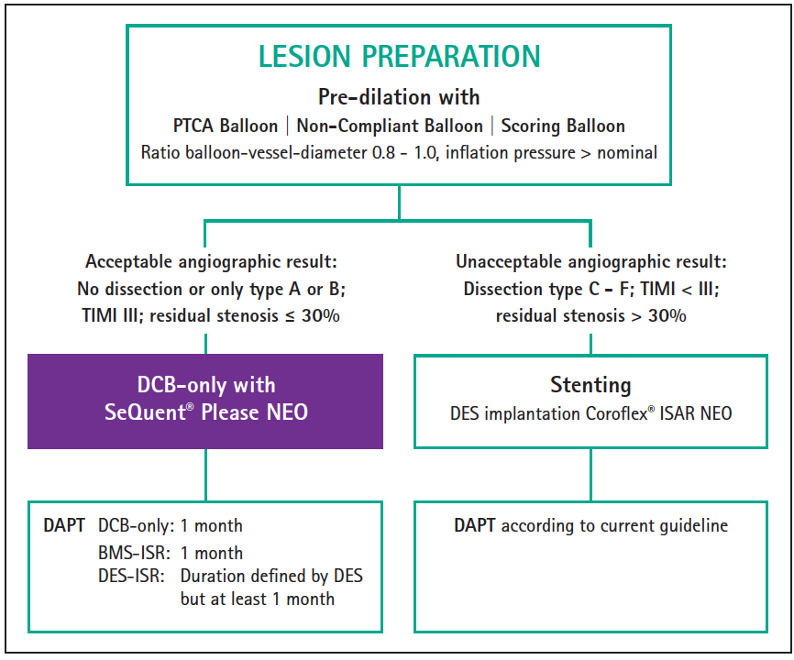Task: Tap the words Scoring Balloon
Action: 562,126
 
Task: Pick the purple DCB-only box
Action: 204,401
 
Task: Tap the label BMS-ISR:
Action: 130,553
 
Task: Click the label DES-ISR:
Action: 130,577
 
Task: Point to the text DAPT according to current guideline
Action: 590,526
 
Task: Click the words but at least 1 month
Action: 258,599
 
